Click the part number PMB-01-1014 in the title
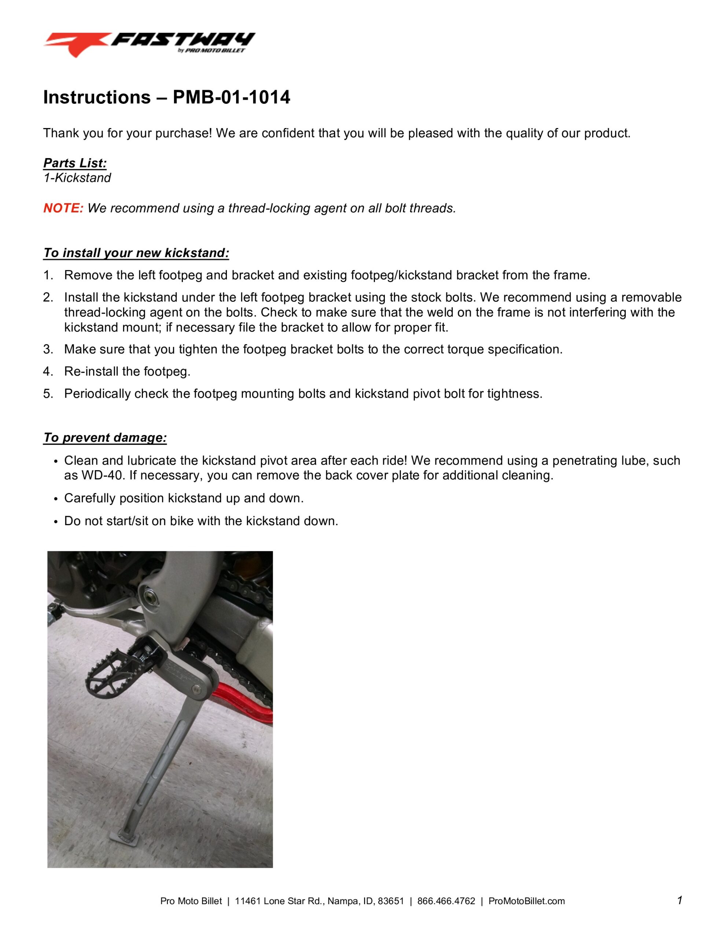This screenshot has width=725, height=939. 231,97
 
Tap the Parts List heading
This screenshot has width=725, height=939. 75,163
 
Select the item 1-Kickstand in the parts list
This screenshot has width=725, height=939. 77,178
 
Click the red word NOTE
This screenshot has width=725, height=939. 63,208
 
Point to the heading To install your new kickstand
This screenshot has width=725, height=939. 136,253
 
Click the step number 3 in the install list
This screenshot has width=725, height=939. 47,349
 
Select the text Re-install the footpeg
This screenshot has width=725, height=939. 127,372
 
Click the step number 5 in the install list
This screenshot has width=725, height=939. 47,394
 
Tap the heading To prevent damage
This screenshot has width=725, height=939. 105,438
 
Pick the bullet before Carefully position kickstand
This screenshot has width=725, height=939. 55,499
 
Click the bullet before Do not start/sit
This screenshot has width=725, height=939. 55,522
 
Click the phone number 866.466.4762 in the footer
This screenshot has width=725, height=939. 446,901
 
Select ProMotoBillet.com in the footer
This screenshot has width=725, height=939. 526,901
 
